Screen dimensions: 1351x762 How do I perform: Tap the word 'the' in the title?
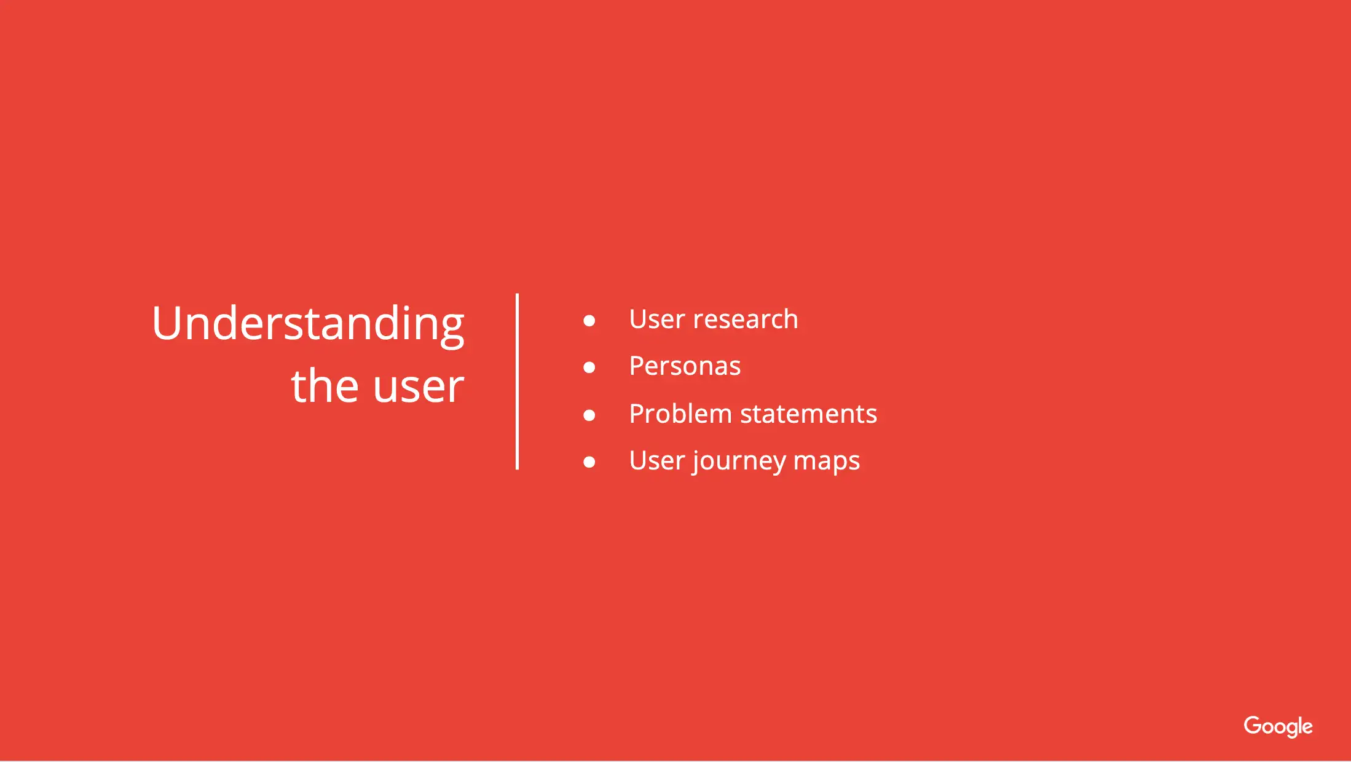(x=325, y=385)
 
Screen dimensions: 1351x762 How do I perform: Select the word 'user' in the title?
(x=419, y=389)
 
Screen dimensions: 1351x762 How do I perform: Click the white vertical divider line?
(x=518, y=382)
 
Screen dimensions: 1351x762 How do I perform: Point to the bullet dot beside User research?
(x=589, y=320)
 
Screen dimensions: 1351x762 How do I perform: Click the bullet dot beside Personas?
(x=589, y=367)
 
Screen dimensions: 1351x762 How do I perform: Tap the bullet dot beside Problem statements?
(x=589, y=415)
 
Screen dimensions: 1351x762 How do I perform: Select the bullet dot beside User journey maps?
(x=589, y=462)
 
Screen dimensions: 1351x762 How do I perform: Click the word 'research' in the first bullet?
(x=746, y=319)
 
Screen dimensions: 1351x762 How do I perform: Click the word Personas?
(x=685, y=366)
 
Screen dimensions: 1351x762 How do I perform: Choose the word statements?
(x=809, y=414)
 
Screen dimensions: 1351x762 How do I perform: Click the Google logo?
(x=1278, y=727)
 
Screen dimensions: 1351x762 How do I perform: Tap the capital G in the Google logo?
(x=1253, y=725)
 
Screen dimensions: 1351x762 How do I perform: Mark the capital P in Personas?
(x=637, y=366)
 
